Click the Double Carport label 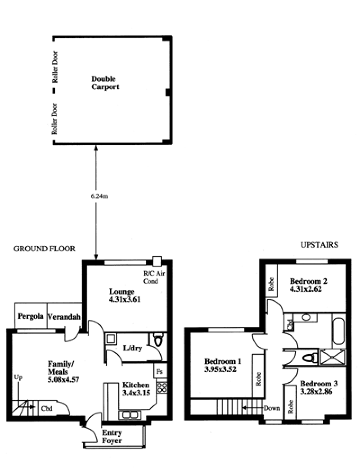[105, 83]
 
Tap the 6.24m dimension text [99, 196]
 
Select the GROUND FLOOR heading [44, 249]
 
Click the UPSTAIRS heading [319, 245]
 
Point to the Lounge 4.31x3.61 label [125, 295]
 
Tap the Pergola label [31, 316]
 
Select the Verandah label [64, 317]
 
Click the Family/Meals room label [63, 372]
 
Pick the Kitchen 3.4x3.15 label [136, 389]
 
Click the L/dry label [133, 348]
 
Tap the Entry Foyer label [112, 436]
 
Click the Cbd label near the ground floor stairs [47, 408]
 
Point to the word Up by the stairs [18, 377]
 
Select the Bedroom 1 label [223, 365]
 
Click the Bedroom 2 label [308, 285]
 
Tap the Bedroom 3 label [319, 387]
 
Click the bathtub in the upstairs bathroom [339, 331]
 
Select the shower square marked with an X [333, 357]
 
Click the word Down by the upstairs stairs [272, 408]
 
